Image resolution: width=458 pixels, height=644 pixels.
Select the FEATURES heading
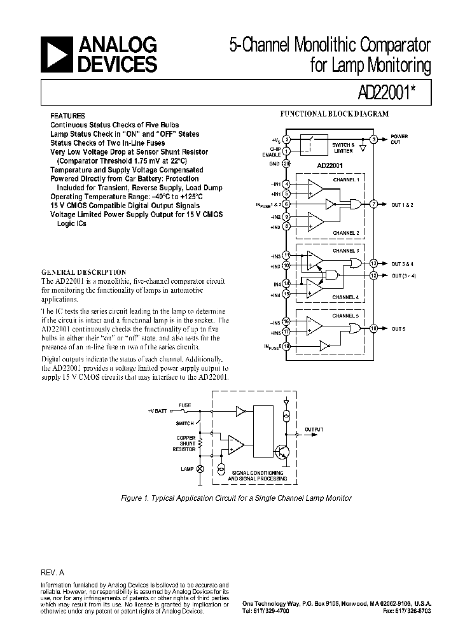(x=67, y=116)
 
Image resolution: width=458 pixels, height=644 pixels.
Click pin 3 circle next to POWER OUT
(x=375, y=139)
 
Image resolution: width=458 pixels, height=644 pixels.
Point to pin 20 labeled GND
(x=287, y=164)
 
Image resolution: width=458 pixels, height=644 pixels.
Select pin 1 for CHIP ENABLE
(x=287, y=151)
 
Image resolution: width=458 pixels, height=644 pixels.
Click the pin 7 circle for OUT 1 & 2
(x=374, y=204)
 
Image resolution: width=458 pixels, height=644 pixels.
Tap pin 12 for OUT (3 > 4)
(x=374, y=275)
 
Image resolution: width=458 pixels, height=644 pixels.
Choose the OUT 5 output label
(x=399, y=328)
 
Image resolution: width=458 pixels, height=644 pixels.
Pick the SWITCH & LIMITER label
(x=344, y=146)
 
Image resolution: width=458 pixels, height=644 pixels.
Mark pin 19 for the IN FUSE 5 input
(x=287, y=346)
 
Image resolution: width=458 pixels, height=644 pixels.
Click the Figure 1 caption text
(x=236, y=498)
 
